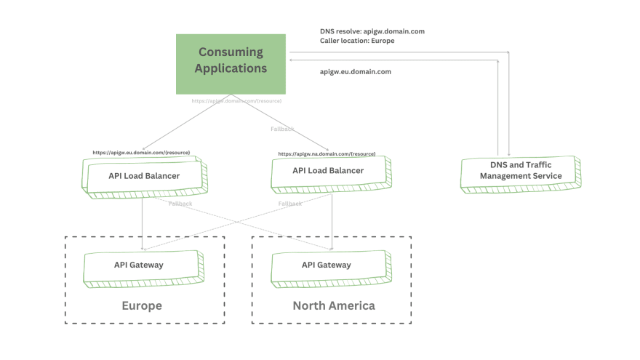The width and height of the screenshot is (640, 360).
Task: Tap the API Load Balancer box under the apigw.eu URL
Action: [x=144, y=175]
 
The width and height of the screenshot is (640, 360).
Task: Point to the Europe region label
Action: [x=142, y=305]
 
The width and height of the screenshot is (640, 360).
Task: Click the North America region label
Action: [x=334, y=305]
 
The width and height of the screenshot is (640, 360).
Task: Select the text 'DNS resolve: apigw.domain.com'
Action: [x=372, y=31]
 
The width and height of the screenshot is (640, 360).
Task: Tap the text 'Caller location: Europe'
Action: [x=357, y=41]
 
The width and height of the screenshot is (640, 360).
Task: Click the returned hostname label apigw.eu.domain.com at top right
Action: [x=356, y=72]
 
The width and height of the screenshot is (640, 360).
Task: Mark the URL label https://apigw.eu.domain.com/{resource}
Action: [x=141, y=153]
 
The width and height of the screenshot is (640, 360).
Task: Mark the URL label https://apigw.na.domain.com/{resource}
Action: [x=327, y=154]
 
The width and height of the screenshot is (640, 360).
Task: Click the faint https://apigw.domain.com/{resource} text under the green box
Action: [x=236, y=101]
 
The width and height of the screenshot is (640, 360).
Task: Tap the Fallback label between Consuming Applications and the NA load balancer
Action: [x=282, y=129]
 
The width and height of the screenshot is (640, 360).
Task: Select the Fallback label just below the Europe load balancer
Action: [x=180, y=204]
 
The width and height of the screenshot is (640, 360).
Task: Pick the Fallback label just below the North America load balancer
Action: [x=289, y=204]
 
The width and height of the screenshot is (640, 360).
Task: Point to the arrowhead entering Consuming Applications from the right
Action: [x=292, y=60]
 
